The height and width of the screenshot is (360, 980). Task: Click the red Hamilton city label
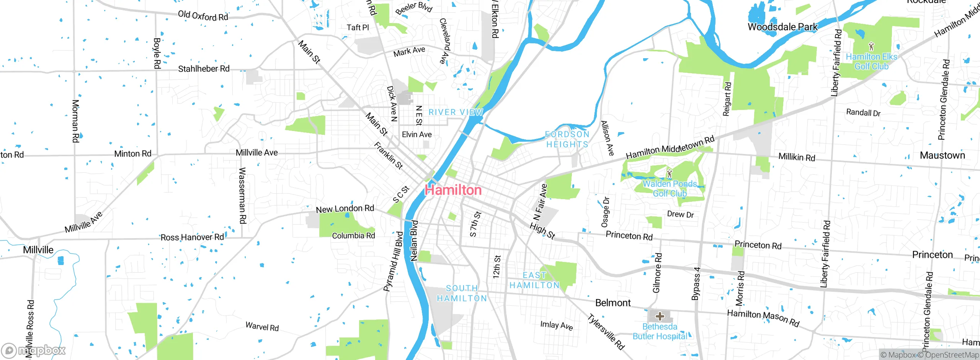click(x=453, y=190)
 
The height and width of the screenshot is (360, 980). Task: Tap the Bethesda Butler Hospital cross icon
click(x=660, y=316)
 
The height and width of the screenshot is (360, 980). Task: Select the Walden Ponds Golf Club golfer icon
click(x=669, y=173)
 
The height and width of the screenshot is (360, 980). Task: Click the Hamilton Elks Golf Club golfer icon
click(x=871, y=47)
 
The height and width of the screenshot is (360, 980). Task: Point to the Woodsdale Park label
click(x=782, y=27)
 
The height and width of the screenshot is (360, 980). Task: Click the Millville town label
click(x=38, y=250)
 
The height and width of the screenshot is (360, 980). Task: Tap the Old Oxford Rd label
click(x=203, y=16)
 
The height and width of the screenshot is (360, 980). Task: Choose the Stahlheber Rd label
click(x=204, y=69)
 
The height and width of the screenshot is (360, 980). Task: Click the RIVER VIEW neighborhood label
click(x=456, y=112)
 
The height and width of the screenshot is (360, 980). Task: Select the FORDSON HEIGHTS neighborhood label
click(x=567, y=139)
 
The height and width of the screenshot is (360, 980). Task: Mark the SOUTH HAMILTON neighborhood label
click(x=462, y=293)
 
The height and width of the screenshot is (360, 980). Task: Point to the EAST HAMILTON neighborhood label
click(x=534, y=280)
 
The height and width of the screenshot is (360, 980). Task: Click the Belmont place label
click(x=612, y=303)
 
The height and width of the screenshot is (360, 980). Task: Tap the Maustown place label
click(x=942, y=155)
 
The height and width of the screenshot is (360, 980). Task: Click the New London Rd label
click(x=345, y=209)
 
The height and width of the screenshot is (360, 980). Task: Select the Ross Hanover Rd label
click(x=192, y=237)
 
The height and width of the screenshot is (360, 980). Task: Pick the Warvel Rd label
click(x=262, y=327)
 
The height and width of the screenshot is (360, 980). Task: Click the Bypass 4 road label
click(x=696, y=283)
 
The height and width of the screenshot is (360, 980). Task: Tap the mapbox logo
click(x=34, y=350)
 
